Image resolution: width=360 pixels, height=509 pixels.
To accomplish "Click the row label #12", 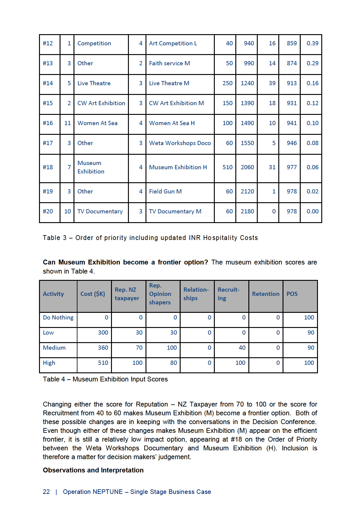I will point(48,44).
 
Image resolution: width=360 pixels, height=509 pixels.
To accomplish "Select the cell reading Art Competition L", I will point(173,44).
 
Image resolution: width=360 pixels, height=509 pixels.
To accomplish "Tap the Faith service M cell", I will point(169,63).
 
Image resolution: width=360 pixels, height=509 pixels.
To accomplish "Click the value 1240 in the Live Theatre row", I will point(247,83).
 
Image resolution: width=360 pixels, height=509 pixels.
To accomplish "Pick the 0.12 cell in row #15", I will point(312,103).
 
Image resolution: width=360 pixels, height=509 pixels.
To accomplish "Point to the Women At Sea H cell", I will point(172,123).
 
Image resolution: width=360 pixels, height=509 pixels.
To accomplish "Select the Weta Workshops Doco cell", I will point(180,143).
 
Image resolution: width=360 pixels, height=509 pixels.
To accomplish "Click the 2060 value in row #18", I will point(247,167).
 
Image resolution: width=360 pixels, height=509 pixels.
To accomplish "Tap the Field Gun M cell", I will point(165,192).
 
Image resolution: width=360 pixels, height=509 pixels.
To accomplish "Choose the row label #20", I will point(48,212).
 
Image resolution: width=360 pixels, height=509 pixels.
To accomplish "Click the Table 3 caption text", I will point(150,238).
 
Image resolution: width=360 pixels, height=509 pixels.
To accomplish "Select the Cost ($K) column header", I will point(93,294).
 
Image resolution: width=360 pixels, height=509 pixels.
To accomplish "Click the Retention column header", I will point(266,294).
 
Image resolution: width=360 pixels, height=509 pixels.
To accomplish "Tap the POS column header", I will point(292,294).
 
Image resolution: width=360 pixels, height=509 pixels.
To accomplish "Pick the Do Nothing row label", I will point(58,318).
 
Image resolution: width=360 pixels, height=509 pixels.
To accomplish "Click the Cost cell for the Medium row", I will point(103,348).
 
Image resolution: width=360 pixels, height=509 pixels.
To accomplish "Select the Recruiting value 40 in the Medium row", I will point(242,348).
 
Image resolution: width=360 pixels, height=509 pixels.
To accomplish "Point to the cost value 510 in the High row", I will point(103,363).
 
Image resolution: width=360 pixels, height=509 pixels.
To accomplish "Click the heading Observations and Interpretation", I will point(93,470).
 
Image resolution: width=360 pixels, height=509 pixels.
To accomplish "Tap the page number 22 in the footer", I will point(46,492).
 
